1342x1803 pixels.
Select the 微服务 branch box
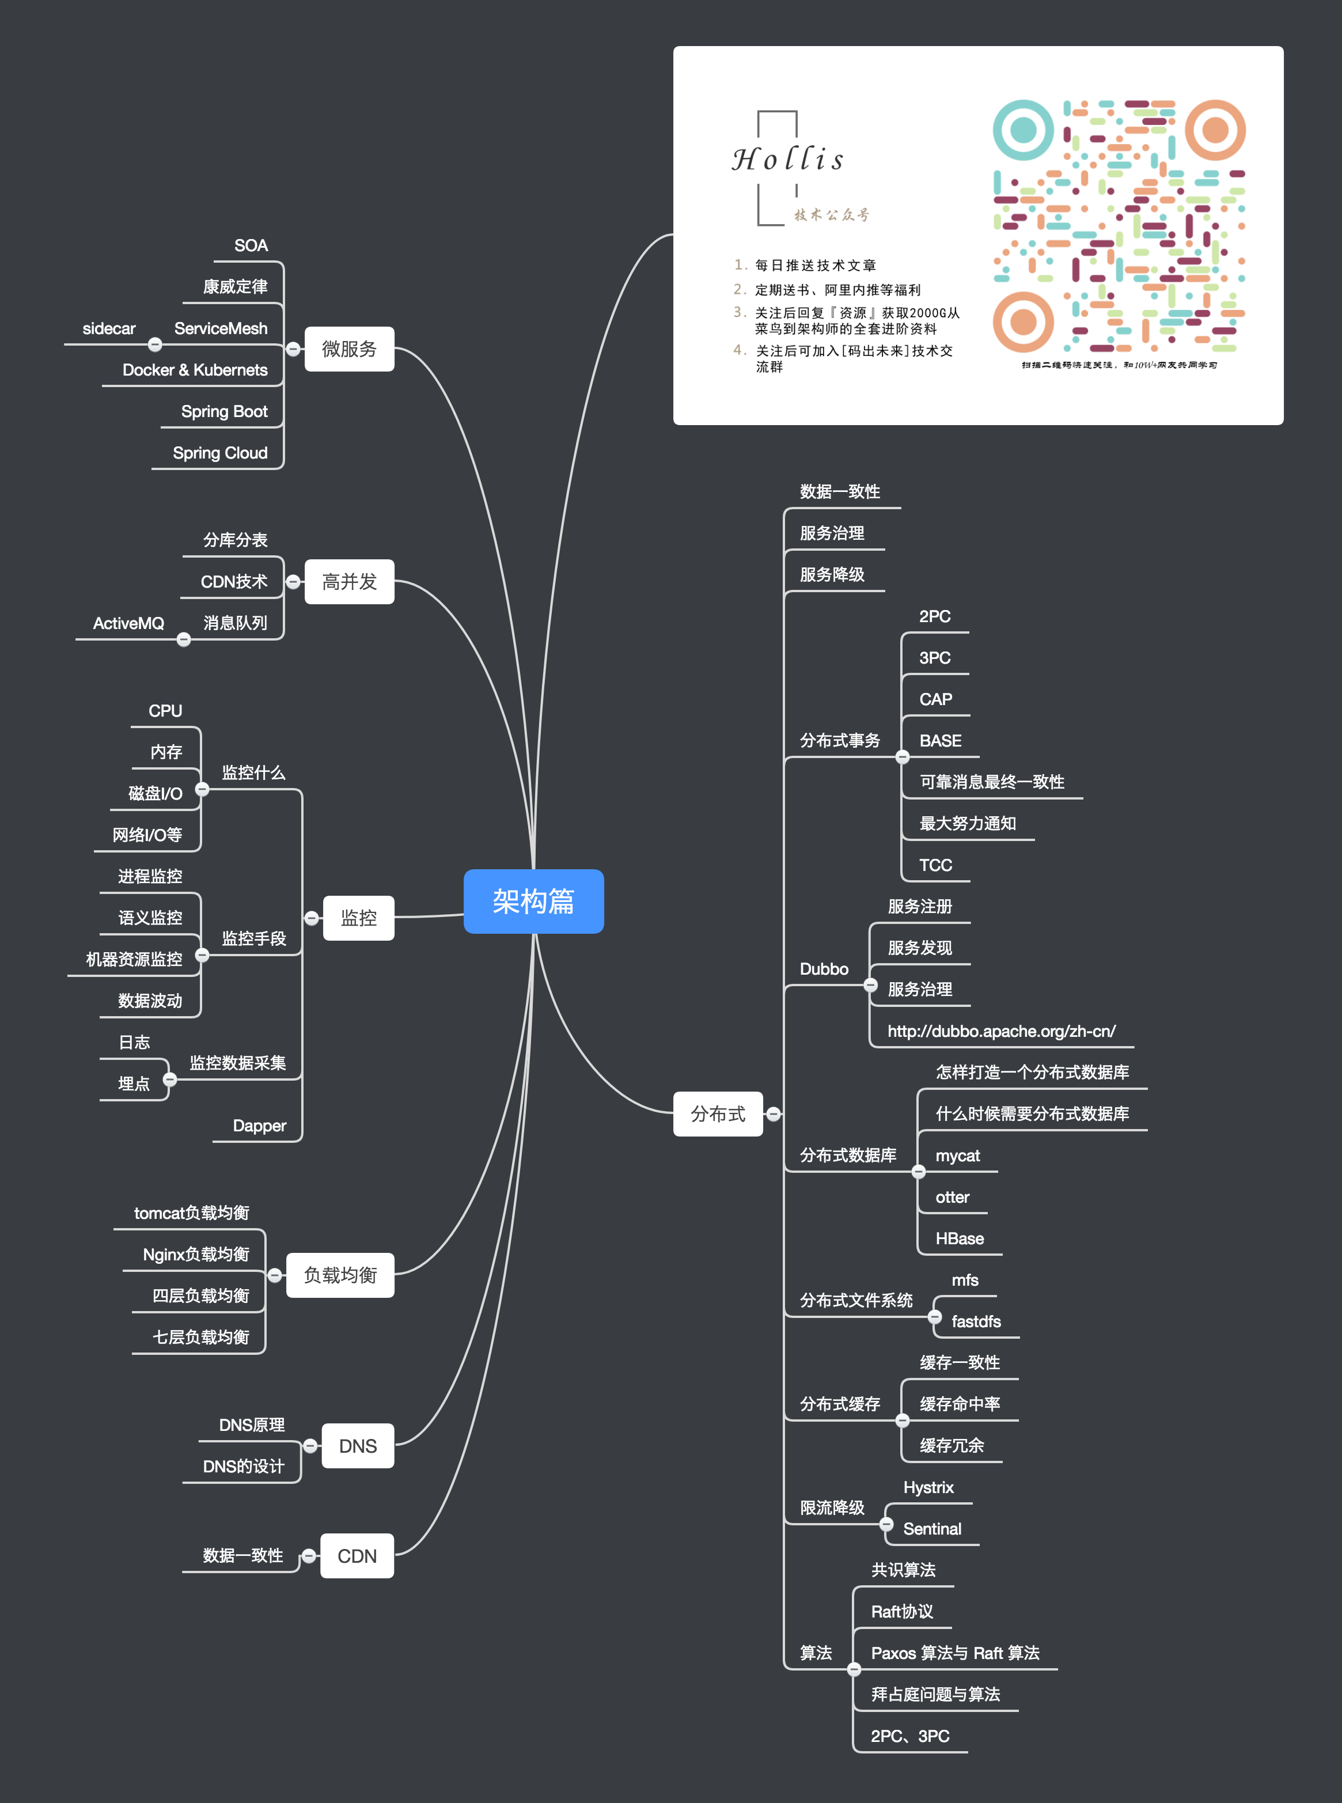(349, 349)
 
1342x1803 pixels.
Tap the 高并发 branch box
(349, 582)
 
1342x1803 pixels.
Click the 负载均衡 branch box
(340, 1275)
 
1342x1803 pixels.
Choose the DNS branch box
(358, 1445)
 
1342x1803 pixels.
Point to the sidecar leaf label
(109, 328)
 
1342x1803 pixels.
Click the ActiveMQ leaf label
(128, 623)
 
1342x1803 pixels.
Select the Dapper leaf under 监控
(259, 1126)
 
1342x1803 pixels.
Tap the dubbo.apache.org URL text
(1001, 1031)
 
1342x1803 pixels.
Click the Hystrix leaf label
(928, 1487)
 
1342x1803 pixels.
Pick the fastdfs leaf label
(976, 1321)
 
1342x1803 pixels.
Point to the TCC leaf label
(935, 865)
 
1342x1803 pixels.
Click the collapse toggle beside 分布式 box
(774, 1114)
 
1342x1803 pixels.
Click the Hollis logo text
(788, 159)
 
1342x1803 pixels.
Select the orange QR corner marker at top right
(1215, 130)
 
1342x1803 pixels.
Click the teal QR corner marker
(1023, 130)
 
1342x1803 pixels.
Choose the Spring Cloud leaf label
(220, 453)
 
